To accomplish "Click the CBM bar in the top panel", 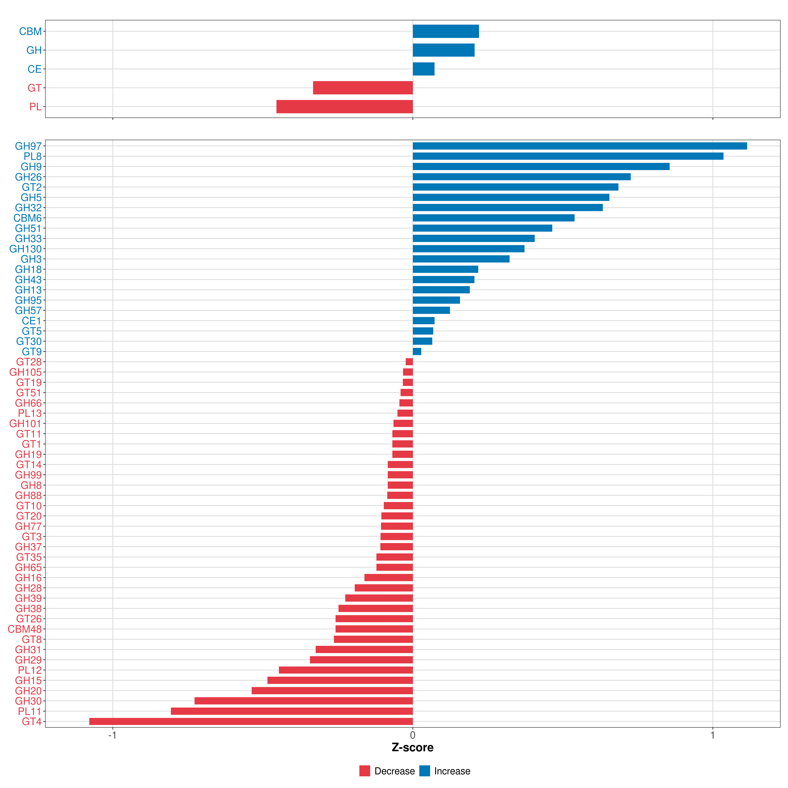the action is (x=446, y=31).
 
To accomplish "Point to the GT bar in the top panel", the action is (x=363, y=88).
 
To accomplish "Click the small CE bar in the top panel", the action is (x=424, y=69).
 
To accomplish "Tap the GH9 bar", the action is (x=541, y=166).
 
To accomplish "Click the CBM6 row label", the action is (x=28, y=218).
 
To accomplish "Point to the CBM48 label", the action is (x=25, y=629).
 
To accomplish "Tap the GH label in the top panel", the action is (x=34, y=50).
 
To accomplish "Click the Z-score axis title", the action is (x=413, y=747).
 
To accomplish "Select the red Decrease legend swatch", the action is (x=365, y=771).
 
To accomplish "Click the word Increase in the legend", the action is (x=452, y=771).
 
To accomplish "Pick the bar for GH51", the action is (x=482, y=228).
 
